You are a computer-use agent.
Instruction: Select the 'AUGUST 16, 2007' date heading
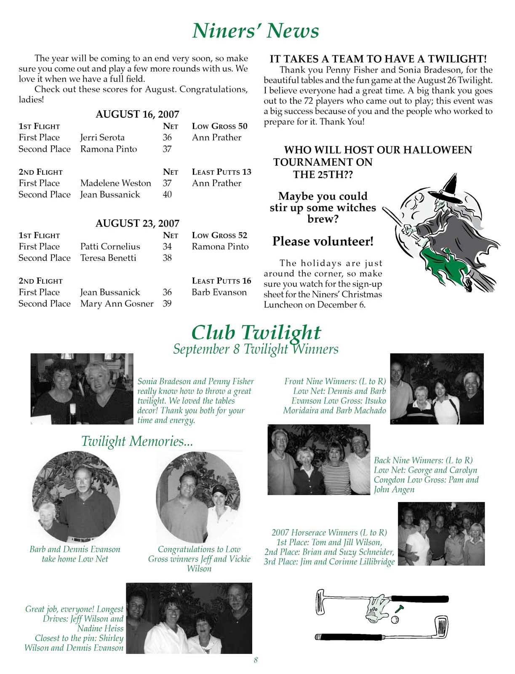[137, 115]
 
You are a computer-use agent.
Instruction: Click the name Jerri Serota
[102, 137]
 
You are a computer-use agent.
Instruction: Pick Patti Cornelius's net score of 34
[167, 246]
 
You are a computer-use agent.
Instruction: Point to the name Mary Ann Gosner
[117, 303]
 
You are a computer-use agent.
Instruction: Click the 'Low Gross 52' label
[219, 235]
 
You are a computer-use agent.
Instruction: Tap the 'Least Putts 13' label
[221, 171]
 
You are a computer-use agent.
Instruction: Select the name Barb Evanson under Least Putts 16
[219, 292]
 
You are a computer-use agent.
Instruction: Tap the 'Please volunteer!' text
[323, 241]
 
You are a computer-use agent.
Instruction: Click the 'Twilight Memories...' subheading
[137, 441]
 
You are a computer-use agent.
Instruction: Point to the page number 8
[256, 660]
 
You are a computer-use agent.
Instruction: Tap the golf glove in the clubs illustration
[376, 607]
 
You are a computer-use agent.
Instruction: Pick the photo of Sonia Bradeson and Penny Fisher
[82, 388]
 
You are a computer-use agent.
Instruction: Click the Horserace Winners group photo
[441, 533]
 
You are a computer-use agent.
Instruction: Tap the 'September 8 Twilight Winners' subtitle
[256, 349]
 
